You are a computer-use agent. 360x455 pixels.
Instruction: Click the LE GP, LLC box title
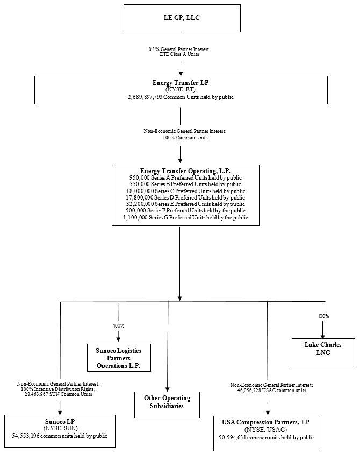[x=181, y=18]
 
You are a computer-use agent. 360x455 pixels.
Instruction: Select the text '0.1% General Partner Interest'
[x=179, y=49]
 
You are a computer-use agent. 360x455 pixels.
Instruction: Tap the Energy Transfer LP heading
[x=180, y=83]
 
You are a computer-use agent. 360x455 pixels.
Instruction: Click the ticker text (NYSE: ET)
[x=180, y=90]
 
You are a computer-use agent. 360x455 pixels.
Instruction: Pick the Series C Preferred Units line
[x=185, y=191]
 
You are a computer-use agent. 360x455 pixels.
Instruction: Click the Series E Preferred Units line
[x=185, y=204]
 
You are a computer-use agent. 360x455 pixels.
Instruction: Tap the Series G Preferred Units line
[x=185, y=218]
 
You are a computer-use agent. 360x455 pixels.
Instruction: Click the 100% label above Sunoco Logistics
[x=118, y=326]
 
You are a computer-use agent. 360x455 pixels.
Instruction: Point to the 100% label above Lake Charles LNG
[x=323, y=316]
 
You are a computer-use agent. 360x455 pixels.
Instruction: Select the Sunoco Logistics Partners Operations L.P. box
[x=119, y=358]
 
